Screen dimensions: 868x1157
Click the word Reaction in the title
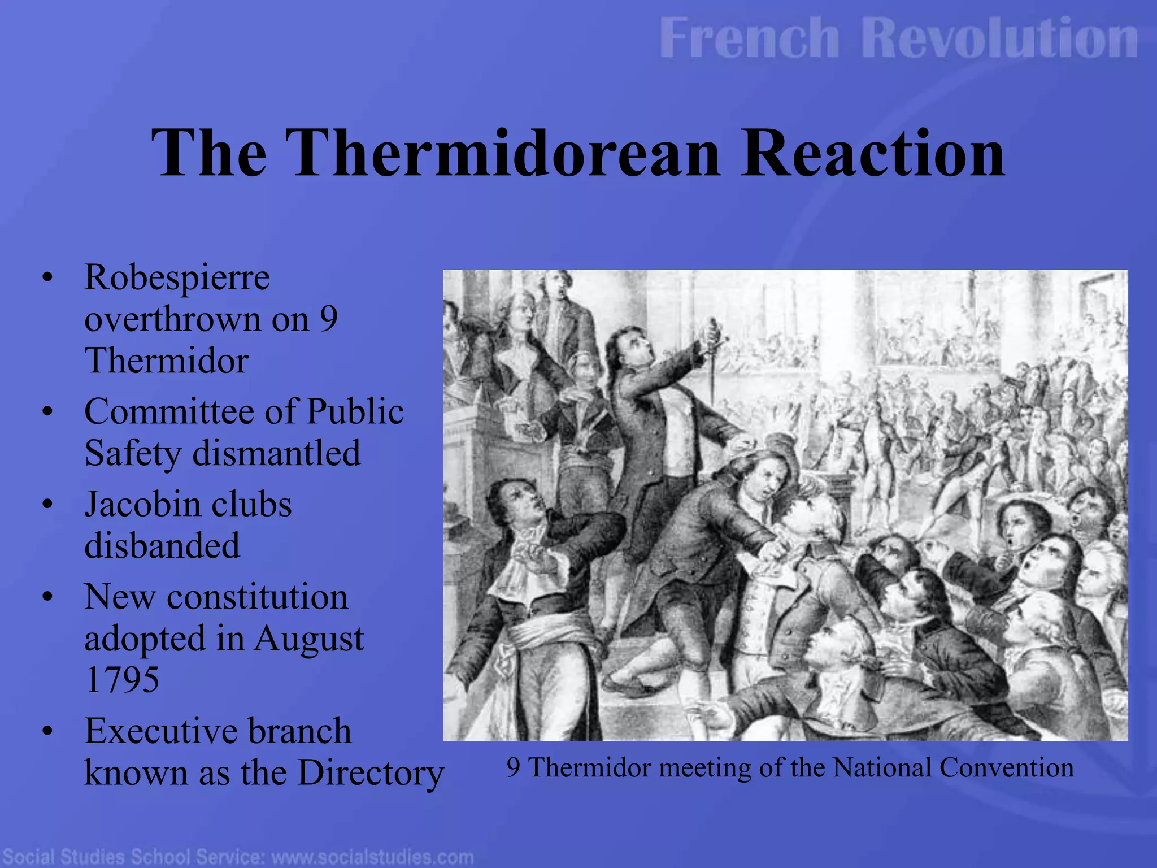click(x=873, y=154)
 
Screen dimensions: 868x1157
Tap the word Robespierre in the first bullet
click(x=177, y=278)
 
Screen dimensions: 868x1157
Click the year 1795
click(x=121, y=679)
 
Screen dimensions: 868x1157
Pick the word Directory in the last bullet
click(x=371, y=773)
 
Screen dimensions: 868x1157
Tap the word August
click(x=308, y=640)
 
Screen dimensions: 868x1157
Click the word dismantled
click(x=276, y=453)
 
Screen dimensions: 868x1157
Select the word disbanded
click(x=162, y=546)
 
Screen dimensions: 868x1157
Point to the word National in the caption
click(x=882, y=768)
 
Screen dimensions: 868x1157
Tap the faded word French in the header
click(x=749, y=38)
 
